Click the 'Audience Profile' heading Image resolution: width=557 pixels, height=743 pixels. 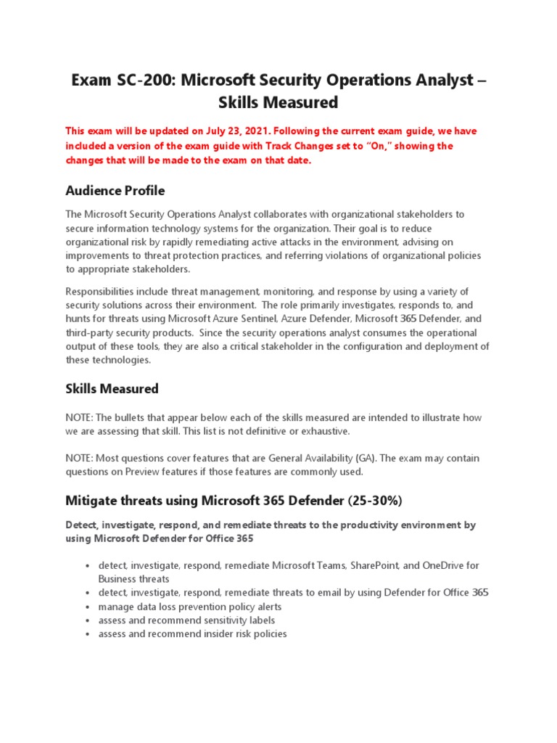coord(115,191)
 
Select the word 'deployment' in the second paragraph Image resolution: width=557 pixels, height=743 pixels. coord(437,346)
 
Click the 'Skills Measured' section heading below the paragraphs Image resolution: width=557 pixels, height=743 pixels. coord(112,389)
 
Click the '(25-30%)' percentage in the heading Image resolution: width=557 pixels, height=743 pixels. coord(366,501)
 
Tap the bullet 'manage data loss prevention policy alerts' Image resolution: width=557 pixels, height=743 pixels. coord(189,607)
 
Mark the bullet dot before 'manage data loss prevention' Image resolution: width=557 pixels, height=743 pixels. coord(87,607)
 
